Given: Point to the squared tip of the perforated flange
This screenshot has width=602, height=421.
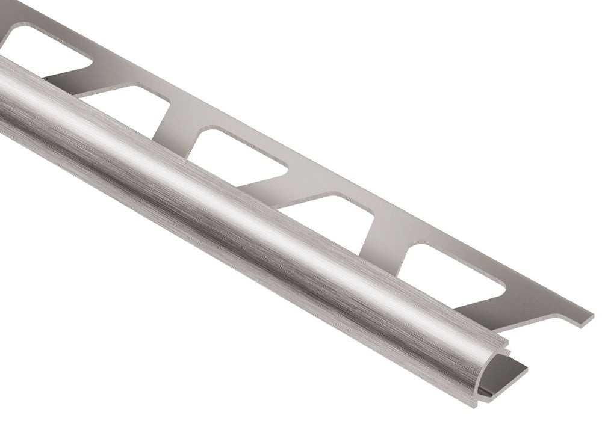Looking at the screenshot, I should click(584, 319).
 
